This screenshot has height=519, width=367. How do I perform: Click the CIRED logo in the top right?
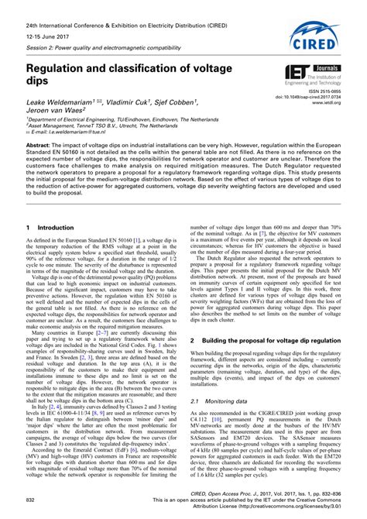(319, 34)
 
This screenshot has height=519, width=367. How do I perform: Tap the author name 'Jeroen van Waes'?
(61, 111)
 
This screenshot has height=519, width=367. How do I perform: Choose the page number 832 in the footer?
(32, 500)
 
